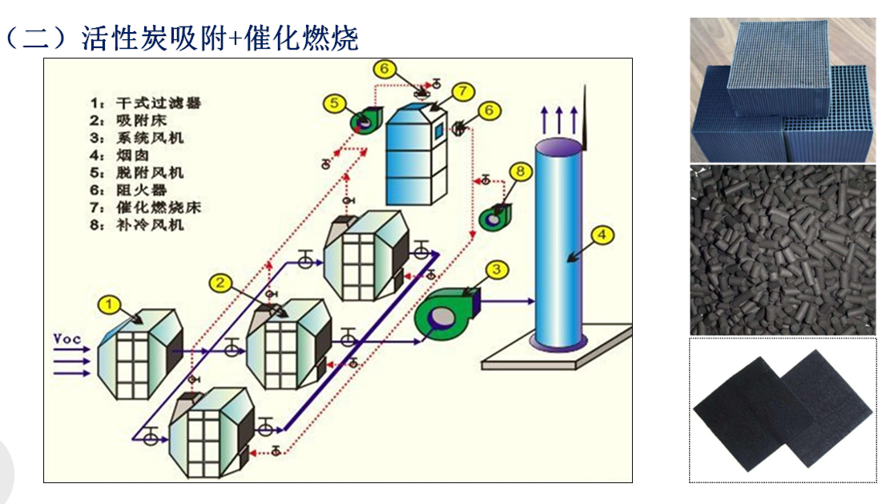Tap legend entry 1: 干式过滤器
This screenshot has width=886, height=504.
click(145, 103)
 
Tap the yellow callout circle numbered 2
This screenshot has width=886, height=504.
click(222, 281)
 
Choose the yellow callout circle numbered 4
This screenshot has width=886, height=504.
click(602, 236)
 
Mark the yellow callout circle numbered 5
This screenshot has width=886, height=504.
click(336, 103)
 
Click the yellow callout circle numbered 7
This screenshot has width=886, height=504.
click(462, 91)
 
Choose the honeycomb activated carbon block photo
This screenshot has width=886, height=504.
click(782, 90)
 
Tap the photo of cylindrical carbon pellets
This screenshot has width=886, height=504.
click(782, 250)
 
